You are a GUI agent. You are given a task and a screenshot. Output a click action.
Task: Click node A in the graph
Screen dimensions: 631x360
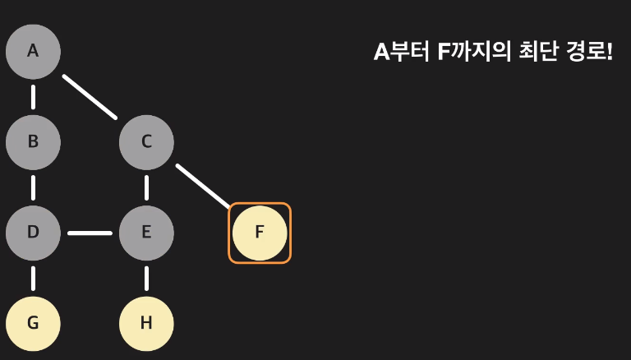(33, 51)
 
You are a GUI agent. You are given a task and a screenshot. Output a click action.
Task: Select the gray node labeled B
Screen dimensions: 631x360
(33, 141)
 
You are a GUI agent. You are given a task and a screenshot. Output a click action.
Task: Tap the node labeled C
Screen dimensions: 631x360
(146, 141)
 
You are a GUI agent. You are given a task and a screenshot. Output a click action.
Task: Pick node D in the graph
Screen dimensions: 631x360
(33, 232)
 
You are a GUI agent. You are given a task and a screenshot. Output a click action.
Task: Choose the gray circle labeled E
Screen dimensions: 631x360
(146, 232)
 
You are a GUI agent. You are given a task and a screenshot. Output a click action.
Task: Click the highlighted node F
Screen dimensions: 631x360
(260, 233)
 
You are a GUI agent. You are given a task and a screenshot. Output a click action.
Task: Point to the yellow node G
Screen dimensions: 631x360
(33, 322)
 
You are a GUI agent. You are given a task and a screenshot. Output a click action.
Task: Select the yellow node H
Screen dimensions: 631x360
(146, 322)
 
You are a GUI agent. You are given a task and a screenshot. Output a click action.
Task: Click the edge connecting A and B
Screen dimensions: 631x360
(33, 96)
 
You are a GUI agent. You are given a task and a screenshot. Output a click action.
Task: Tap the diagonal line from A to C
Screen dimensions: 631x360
(90, 96)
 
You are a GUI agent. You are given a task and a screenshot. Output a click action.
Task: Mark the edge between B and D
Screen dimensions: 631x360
(33, 187)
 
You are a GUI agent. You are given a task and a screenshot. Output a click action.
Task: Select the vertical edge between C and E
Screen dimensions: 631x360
(146, 187)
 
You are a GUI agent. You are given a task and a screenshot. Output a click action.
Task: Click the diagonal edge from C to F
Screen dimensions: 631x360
(203, 186)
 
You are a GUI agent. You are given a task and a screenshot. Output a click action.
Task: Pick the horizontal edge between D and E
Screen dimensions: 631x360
(90, 233)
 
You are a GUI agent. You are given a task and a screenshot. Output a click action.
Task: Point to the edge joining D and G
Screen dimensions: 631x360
(33, 277)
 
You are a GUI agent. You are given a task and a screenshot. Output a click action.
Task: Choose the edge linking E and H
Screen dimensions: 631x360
(146, 277)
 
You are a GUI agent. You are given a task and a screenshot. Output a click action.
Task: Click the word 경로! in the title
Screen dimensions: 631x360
(589, 52)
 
